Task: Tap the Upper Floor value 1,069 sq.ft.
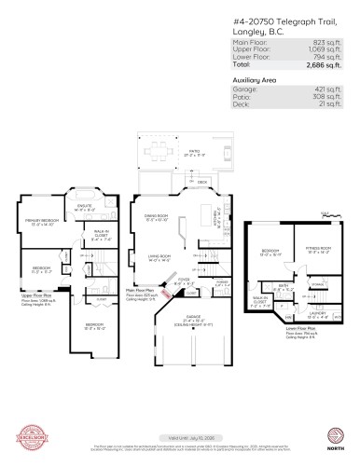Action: pyautogui.click(x=321, y=48)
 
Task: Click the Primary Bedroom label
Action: pyautogui.click(x=42, y=221)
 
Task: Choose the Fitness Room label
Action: pyautogui.click(x=320, y=249)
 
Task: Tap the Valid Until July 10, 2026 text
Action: pyautogui.click(x=180, y=437)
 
